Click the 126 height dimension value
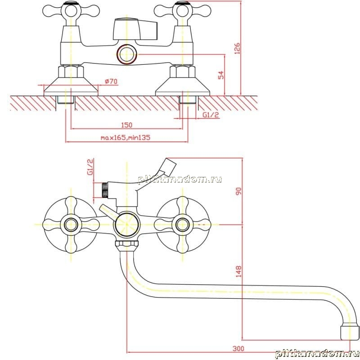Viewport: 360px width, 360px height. pyautogui.click(x=237, y=48)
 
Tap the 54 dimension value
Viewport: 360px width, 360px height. pyautogui.click(x=220, y=75)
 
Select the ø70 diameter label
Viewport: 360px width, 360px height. pyautogui.click(x=111, y=81)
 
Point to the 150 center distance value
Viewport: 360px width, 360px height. pyautogui.click(x=127, y=125)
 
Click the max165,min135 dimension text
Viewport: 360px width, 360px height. pyautogui.click(x=126, y=138)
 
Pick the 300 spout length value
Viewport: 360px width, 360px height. pyautogui.click(x=238, y=348)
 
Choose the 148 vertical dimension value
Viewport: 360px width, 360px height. pyautogui.click(x=239, y=271)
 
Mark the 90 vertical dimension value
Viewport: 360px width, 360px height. pyautogui.click(x=239, y=191)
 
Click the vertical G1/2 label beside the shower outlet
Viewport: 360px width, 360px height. pyautogui.click(x=90, y=167)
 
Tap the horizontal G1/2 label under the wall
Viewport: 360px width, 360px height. pyautogui.click(x=211, y=115)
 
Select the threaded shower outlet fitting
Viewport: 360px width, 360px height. pyautogui.click(x=104, y=190)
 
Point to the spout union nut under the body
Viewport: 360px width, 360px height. pyautogui.click(x=127, y=245)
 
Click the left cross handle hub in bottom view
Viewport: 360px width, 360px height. pyautogui.click(x=71, y=225)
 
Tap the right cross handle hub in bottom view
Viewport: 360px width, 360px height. pyautogui.click(x=183, y=225)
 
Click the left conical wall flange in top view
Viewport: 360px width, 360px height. pyautogui.click(x=71, y=86)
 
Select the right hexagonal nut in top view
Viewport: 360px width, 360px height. pyautogui.click(x=183, y=72)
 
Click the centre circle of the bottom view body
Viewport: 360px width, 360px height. pyautogui.click(x=127, y=225)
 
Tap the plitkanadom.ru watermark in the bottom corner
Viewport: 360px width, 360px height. pyautogui.click(x=317, y=354)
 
